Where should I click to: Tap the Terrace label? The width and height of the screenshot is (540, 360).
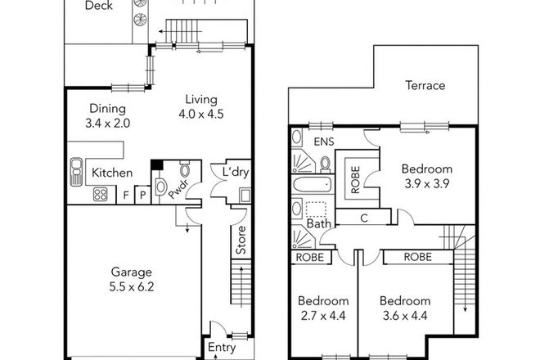[x=425, y=85]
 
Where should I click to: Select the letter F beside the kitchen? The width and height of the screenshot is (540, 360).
[x=125, y=196]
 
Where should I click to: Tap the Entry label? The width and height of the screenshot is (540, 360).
[x=221, y=348]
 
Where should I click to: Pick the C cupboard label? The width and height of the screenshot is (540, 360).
[x=362, y=218]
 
